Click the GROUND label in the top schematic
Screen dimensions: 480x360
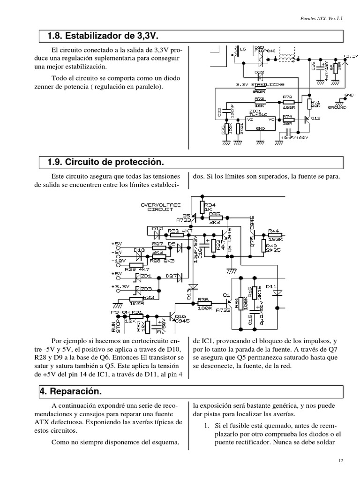point(337,107)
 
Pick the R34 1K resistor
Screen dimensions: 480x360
point(202,207)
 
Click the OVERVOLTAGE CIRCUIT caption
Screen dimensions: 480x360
point(157,207)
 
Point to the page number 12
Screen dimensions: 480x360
point(341,461)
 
